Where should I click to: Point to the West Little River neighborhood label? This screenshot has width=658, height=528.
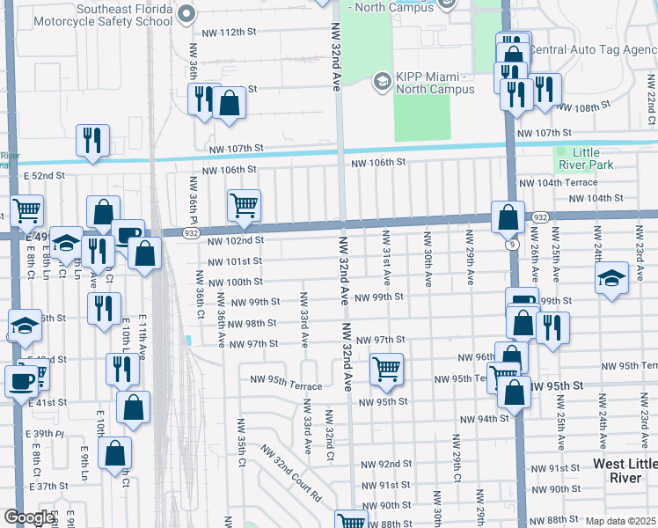tap(625, 470)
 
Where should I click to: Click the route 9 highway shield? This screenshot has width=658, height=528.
tap(510, 245)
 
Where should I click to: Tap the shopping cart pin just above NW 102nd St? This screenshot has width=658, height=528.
tap(244, 206)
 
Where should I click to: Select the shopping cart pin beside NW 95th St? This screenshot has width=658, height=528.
tap(385, 369)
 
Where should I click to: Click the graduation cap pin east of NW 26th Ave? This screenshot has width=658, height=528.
tap(612, 281)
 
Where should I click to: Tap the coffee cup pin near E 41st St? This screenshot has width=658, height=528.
tap(21, 381)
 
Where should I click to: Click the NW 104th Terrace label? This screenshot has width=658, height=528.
tap(559, 183)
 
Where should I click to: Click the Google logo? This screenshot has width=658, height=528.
tap(29, 517)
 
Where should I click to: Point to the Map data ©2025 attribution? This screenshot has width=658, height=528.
tap(620, 521)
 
